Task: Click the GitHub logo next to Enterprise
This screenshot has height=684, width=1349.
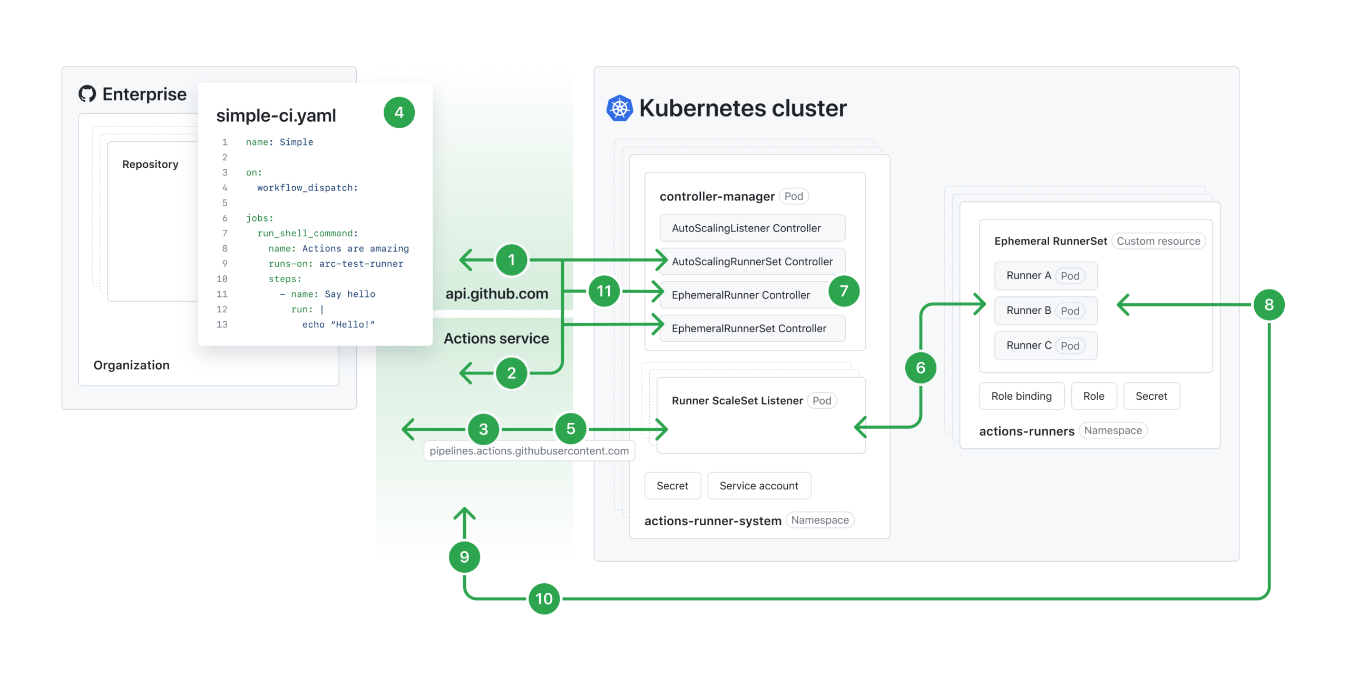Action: point(87,94)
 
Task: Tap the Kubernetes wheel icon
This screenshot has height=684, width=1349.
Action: point(619,109)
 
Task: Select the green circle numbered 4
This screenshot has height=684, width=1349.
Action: point(399,112)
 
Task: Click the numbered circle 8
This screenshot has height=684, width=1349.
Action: point(1268,305)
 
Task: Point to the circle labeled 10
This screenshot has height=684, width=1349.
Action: point(544,599)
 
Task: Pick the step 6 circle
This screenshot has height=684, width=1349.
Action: point(920,368)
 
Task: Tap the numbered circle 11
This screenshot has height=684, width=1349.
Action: point(604,291)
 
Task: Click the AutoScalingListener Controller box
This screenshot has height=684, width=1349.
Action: point(752,228)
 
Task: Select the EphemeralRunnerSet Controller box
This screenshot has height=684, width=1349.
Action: point(752,329)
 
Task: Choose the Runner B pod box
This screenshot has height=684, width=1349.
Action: point(1045,311)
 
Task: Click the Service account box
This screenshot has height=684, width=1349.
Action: point(758,486)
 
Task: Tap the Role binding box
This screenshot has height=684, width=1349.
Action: point(1021,396)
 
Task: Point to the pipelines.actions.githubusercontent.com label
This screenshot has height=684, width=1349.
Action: point(529,451)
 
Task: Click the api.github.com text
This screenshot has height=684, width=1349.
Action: point(496,294)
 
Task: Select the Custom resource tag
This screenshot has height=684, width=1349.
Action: point(1158,241)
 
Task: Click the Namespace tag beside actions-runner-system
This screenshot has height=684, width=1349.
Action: point(819,520)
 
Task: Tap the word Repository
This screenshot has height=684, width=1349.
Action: point(150,165)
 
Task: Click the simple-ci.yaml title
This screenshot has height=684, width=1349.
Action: point(276,115)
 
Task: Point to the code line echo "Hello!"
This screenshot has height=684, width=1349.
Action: point(338,325)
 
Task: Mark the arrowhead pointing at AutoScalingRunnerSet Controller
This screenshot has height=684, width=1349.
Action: point(662,260)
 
